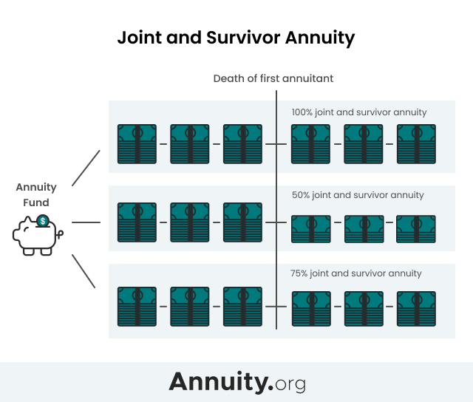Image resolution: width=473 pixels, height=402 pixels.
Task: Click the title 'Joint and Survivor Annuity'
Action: (x=236, y=38)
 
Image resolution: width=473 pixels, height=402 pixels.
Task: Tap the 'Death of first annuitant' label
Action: (x=273, y=78)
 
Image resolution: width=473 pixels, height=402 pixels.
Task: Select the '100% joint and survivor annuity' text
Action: (x=359, y=112)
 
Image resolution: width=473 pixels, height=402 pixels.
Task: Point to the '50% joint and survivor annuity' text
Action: (x=358, y=195)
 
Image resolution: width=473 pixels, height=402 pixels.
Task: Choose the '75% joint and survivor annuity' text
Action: (x=356, y=273)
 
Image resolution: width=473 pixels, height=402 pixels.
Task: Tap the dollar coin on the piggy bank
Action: (x=43, y=221)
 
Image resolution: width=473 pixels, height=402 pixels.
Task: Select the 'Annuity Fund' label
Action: (x=33, y=195)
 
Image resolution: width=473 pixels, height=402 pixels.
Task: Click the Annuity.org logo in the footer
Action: (x=236, y=382)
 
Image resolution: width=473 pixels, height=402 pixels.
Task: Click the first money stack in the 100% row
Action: (x=137, y=143)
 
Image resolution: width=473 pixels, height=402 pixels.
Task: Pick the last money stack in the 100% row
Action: (x=416, y=143)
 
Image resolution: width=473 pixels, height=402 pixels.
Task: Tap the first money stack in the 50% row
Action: (x=137, y=222)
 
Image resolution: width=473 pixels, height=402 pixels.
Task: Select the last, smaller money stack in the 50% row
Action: (x=415, y=228)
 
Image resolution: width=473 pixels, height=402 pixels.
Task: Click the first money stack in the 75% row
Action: (x=137, y=306)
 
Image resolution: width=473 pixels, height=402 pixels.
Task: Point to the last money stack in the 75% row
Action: (x=416, y=309)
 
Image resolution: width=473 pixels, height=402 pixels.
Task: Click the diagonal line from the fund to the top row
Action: (x=86, y=168)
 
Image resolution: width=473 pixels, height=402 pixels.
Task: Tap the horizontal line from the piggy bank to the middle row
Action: (x=86, y=222)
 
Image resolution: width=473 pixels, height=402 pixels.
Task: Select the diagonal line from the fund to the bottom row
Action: (x=84, y=271)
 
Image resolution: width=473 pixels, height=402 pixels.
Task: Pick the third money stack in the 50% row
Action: (x=243, y=222)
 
